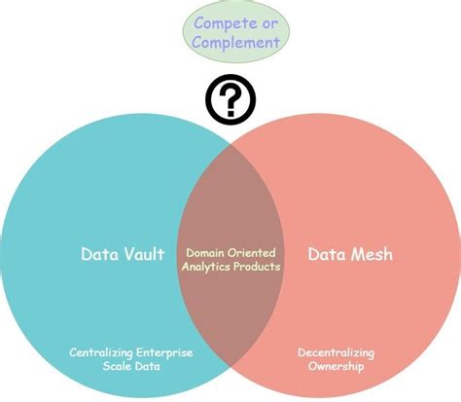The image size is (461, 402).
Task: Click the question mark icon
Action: tap(230, 97)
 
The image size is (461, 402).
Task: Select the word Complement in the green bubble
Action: tap(236, 42)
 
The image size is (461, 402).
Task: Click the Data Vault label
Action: tap(122, 255)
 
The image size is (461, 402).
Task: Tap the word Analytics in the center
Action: tap(207, 266)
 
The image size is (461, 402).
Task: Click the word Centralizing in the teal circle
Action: tap(103, 352)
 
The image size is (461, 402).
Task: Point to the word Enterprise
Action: tap(162, 352)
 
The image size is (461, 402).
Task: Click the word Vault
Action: tap(142, 255)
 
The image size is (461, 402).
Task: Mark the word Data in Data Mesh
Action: tap(325, 255)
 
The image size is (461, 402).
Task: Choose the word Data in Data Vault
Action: tap(98, 255)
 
